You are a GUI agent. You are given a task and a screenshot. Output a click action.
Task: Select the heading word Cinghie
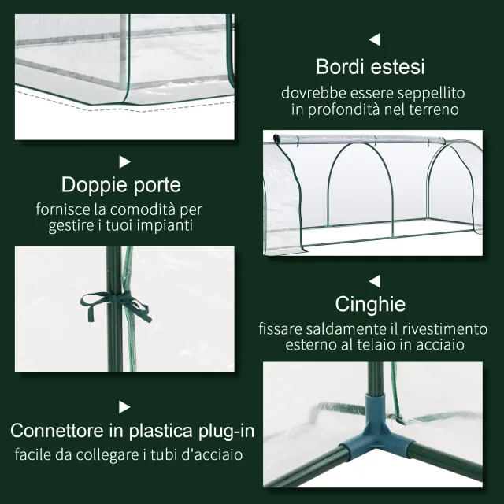click(370, 304)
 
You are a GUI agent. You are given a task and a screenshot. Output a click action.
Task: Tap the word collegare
click(106, 455)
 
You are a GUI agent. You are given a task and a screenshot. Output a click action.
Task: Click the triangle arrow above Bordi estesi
click(375, 39)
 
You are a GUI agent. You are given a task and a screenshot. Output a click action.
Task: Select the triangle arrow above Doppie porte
click(124, 161)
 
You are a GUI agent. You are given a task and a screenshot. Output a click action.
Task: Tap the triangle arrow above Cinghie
click(375, 280)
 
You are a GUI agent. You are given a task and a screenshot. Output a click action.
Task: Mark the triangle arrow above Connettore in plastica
click(124, 406)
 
